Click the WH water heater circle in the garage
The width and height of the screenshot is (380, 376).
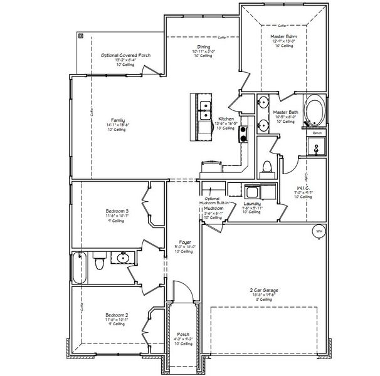click(x=319, y=231)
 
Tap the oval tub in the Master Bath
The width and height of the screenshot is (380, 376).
click(x=314, y=112)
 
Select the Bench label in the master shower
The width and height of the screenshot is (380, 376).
click(x=316, y=133)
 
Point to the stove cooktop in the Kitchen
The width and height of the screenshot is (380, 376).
click(x=243, y=133)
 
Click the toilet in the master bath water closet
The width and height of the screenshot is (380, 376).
click(x=266, y=167)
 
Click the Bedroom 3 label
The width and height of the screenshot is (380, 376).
click(x=117, y=211)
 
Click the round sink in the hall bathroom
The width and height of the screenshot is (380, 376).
click(x=123, y=258)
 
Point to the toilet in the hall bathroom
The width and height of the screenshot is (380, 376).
click(x=98, y=263)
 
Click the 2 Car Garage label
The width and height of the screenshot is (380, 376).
click(x=264, y=290)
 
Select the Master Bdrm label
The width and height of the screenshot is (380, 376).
click(x=284, y=36)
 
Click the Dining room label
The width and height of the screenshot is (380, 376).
click(x=204, y=47)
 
